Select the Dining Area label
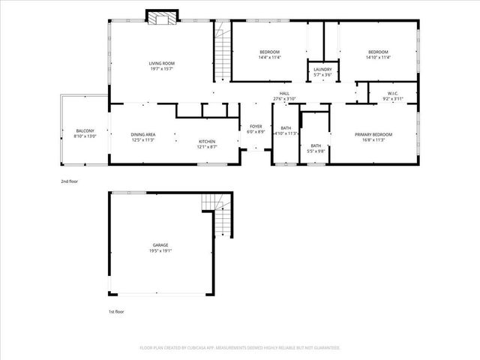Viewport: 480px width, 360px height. coord(142,134)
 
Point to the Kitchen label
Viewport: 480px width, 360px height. coord(207,142)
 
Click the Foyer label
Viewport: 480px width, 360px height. coord(256,127)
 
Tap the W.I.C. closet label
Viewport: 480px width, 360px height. coord(393,94)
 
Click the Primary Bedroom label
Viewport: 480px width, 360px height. coord(373,135)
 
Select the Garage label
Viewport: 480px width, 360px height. coord(160,245)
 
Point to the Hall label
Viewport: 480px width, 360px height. coord(285,94)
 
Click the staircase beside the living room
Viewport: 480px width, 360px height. coord(221,52)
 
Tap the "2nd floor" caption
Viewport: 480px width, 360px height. coord(69,181)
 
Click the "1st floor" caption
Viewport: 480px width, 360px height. coord(115,311)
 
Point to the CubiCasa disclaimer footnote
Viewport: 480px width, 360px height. coord(240,347)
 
